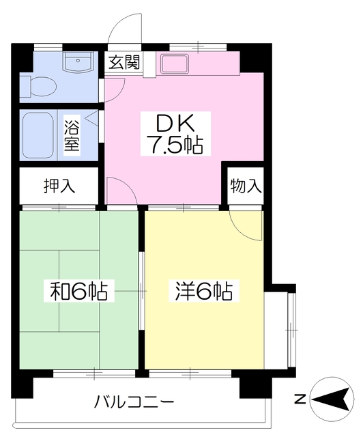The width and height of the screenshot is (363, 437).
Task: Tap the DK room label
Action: tap(172, 123)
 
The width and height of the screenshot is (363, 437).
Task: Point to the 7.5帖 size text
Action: tap(172, 145)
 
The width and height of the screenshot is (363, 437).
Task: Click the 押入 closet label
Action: tap(59, 184)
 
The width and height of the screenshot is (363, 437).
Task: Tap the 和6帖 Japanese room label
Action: tap(78, 292)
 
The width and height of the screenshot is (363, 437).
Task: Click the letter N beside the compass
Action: tap(298, 399)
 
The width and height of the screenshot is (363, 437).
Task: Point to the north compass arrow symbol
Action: tap(334, 399)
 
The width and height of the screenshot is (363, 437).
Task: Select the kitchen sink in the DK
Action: tap(178, 64)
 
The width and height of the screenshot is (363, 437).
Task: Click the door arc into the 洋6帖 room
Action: tap(245, 223)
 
